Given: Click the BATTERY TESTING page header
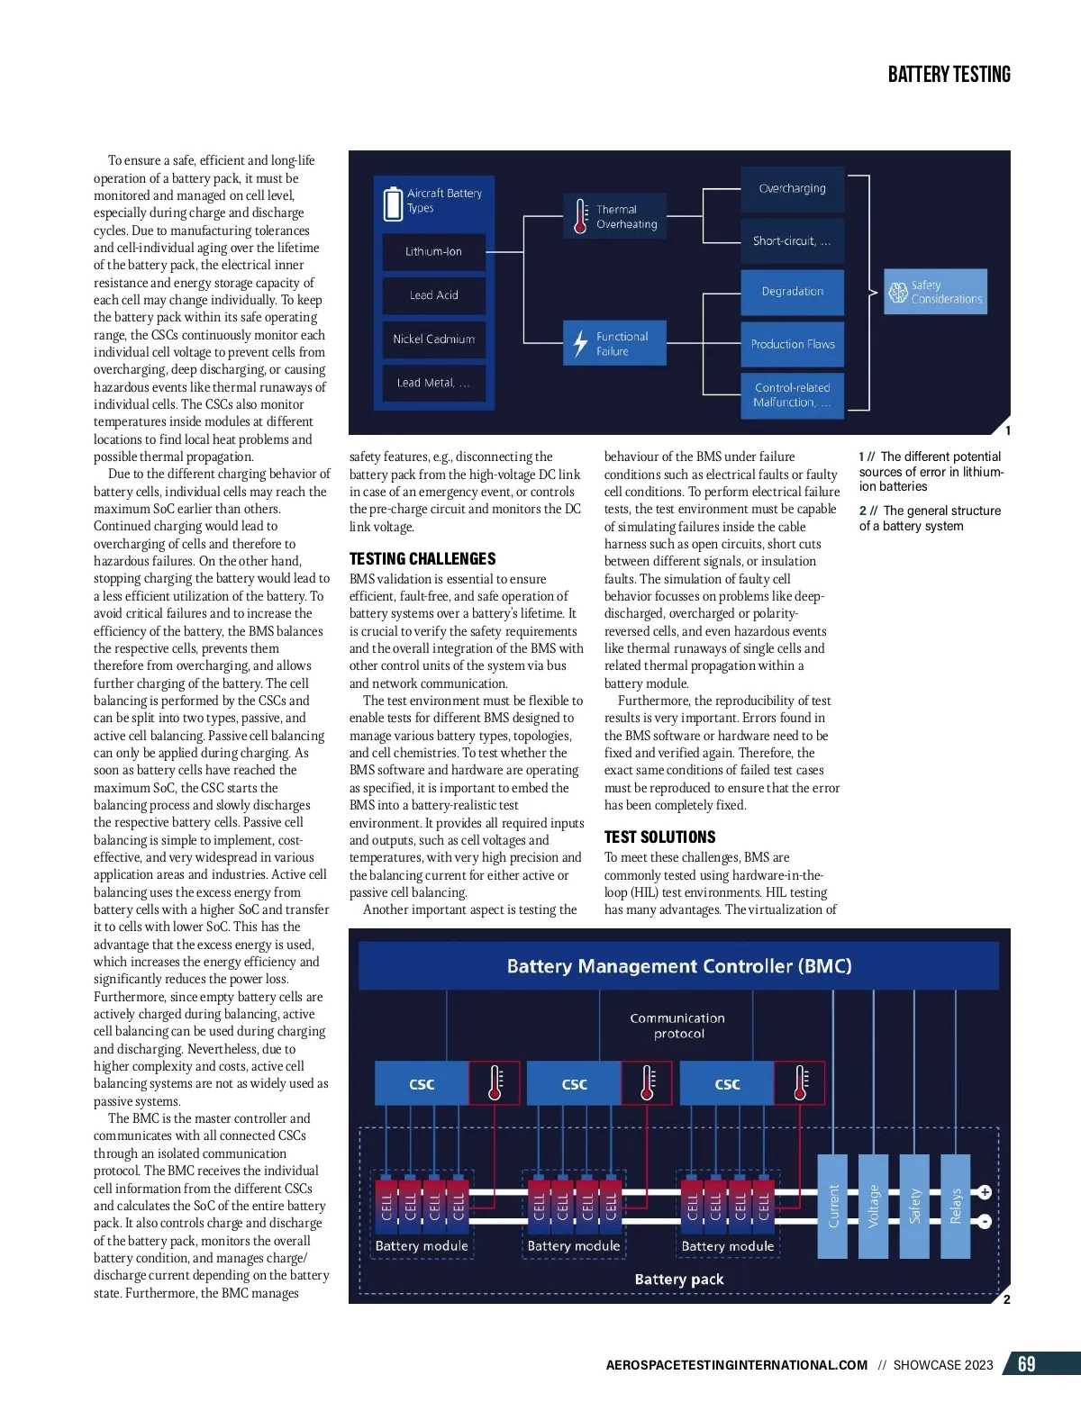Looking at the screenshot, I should click(x=949, y=75).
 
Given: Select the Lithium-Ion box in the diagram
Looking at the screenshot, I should click(x=433, y=252).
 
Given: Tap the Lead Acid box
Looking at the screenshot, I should click(x=433, y=295).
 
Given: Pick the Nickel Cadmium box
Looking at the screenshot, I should click(x=433, y=339).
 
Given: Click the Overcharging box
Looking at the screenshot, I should click(x=792, y=189).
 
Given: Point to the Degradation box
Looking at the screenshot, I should click(x=792, y=292).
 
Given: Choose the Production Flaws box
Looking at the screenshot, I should click(x=792, y=344).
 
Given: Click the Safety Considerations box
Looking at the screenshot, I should click(x=935, y=292).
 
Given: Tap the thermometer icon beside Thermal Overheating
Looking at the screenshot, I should click(x=581, y=216).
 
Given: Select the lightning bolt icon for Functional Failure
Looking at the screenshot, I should click(x=581, y=343).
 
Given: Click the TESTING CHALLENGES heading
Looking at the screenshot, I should click(x=422, y=559).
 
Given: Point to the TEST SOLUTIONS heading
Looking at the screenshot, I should click(x=659, y=837).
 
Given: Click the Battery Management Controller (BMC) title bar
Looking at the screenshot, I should click(x=678, y=966).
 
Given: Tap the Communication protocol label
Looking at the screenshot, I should click(x=677, y=1026).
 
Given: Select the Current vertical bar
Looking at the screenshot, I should click(x=833, y=1207).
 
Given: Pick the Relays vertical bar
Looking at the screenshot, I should click(x=956, y=1207).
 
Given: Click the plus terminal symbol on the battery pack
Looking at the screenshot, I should click(x=985, y=1192).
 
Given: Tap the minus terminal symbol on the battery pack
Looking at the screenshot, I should click(x=985, y=1222).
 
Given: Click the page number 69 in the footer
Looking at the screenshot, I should click(x=1026, y=1364).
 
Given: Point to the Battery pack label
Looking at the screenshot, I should click(x=678, y=1280).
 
